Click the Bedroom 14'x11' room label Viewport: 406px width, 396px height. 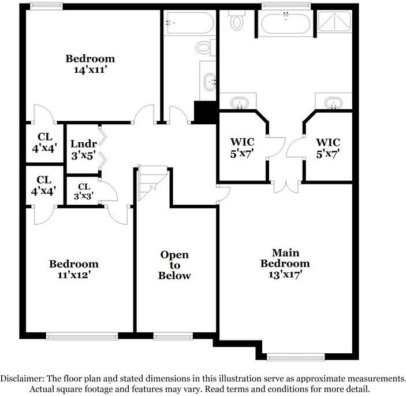point(90,64)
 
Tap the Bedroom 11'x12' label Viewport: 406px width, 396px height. point(73,269)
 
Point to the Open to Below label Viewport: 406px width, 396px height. point(174,265)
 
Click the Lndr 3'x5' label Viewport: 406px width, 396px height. point(80,149)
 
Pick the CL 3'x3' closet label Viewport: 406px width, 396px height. point(84,191)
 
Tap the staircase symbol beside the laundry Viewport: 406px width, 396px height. point(152,183)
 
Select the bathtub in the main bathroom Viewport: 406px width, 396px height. point(286,24)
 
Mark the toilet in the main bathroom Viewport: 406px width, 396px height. point(237,20)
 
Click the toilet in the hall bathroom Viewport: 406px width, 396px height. point(204,47)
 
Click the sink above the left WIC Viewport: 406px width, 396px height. point(239,103)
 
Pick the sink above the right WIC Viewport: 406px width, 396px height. point(332,103)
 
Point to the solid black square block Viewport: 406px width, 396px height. point(204,111)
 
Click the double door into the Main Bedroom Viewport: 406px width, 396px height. point(286,187)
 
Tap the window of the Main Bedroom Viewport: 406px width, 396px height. point(288,357)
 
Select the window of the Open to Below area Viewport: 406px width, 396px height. point(173,336)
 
